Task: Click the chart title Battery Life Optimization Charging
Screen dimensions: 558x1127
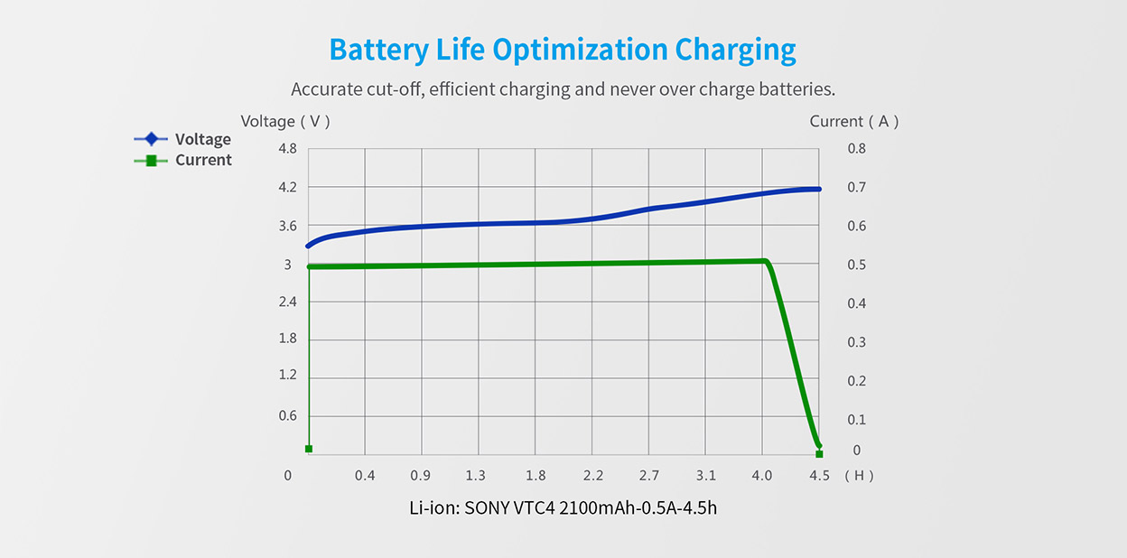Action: [563, 49]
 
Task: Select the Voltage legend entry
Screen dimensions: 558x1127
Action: [202, 139]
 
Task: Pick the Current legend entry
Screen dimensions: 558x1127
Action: [203, 160]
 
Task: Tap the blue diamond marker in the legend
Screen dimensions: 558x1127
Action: [151, 139]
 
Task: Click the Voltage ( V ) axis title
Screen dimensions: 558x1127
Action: [285, 121]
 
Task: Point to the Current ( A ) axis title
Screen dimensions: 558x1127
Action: [853, 121]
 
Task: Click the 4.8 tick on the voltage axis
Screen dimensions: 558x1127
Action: [287, 149]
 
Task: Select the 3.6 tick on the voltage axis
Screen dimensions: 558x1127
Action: [287, 226]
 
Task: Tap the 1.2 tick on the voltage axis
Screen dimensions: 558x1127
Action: [287, 375]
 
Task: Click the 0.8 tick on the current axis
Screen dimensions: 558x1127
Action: [856, 149]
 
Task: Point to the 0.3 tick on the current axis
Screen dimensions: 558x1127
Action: [856, 342]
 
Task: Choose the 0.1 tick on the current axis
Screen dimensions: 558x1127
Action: [856, 419]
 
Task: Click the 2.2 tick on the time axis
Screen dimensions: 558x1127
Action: [592, 476]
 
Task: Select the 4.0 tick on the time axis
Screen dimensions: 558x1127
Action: [762, 476]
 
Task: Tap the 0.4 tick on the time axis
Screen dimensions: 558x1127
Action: [365, 476]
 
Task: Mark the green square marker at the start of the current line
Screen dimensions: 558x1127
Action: [309, 449]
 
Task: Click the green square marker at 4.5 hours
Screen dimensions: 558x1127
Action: [819, 453]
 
